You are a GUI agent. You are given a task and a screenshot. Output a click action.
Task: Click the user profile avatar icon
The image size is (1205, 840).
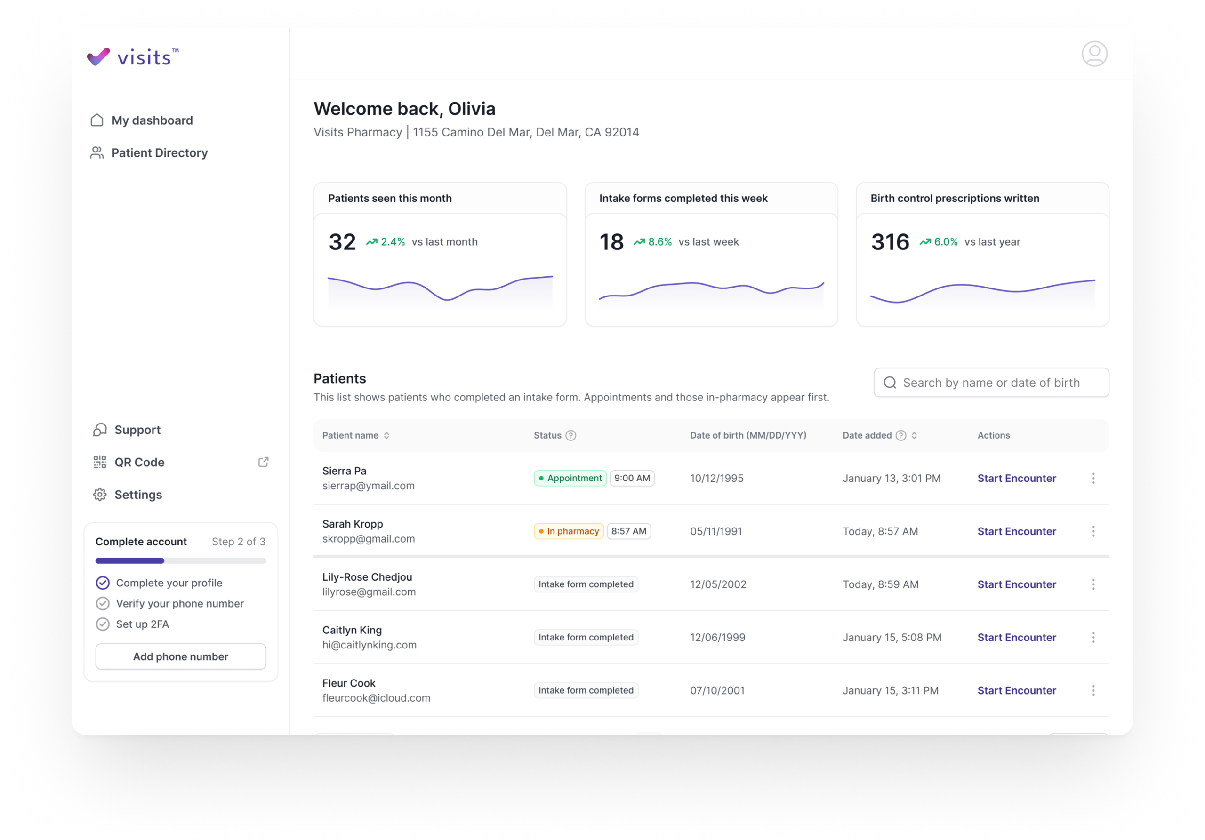click(x=1094, y=54)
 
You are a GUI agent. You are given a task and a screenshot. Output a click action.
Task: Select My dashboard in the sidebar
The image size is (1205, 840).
click(x=142, y=120)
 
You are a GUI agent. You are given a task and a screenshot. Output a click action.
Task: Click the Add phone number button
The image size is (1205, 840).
click(x=181, y=656)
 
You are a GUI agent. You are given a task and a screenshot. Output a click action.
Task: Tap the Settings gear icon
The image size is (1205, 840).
click(x=100, y=495)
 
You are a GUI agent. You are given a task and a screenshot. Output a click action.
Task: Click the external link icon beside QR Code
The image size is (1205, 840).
click(x=264, y=462)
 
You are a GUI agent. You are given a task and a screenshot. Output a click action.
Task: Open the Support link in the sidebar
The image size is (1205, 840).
click(x=127, y=430)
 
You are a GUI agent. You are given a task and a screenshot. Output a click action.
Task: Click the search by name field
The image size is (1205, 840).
click(x=991, y=383)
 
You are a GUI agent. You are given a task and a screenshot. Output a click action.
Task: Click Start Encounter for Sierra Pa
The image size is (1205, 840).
click(x=1017, y=478)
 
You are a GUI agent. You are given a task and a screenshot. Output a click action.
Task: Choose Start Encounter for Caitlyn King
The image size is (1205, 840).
click(x=1017, y=638)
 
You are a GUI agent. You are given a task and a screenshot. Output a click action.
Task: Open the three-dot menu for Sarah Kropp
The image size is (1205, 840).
click(x=1093, y=531)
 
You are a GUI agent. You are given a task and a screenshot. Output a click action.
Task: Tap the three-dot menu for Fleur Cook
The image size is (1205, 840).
click(x=1093, y=690)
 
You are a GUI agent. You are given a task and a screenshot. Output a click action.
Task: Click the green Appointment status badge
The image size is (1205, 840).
click(x=570, y=478)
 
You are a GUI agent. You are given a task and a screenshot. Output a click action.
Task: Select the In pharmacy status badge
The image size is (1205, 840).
click(x=569, y=531)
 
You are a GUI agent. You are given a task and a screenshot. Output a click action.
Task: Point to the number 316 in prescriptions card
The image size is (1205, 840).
click(x=890, y=242)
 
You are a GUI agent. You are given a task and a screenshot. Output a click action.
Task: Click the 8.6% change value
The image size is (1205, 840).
click(x=660, y=242)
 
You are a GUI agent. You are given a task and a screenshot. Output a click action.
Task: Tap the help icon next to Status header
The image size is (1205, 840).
click(x=570, y=435)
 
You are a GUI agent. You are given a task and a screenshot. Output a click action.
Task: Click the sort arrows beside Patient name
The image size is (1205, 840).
click(x=386, y=435)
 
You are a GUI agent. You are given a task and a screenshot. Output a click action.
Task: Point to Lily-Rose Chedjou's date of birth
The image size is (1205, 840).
click(x=718, y=584)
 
